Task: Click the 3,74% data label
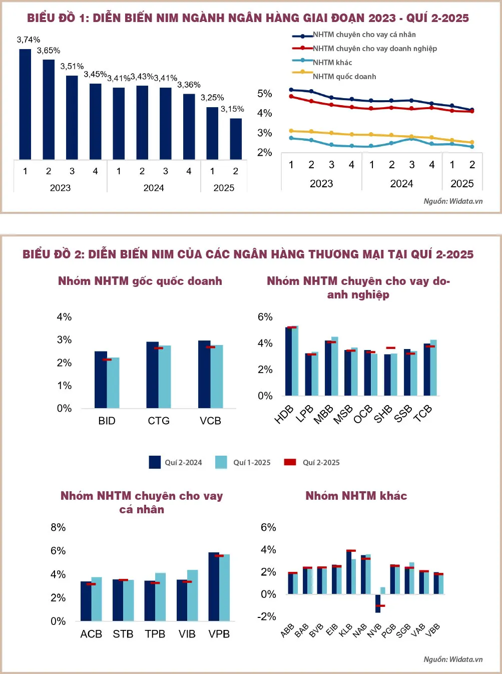coord(29,40)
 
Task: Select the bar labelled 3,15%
coord(236,139)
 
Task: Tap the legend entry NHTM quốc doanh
coord(344,77)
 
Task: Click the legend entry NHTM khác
coord(332,63)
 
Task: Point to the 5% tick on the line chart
coord(264,94)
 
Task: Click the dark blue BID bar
coord(101,380)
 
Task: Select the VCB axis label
coord(210,421)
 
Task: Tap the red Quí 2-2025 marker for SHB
coord(391,348)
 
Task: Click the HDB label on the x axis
coord(284,415)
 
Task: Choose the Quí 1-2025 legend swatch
coord(221,462)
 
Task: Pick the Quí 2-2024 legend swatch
coord(155,462)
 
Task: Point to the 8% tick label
coord(58,527)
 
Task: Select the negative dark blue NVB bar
coord(378,603)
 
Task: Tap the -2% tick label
coord(267,616)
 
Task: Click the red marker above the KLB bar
coord(351,551)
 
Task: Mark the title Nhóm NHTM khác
coord(356,496)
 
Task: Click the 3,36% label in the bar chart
coord(189,85)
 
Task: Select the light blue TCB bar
coord(433,368)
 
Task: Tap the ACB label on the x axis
coord(91,634)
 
